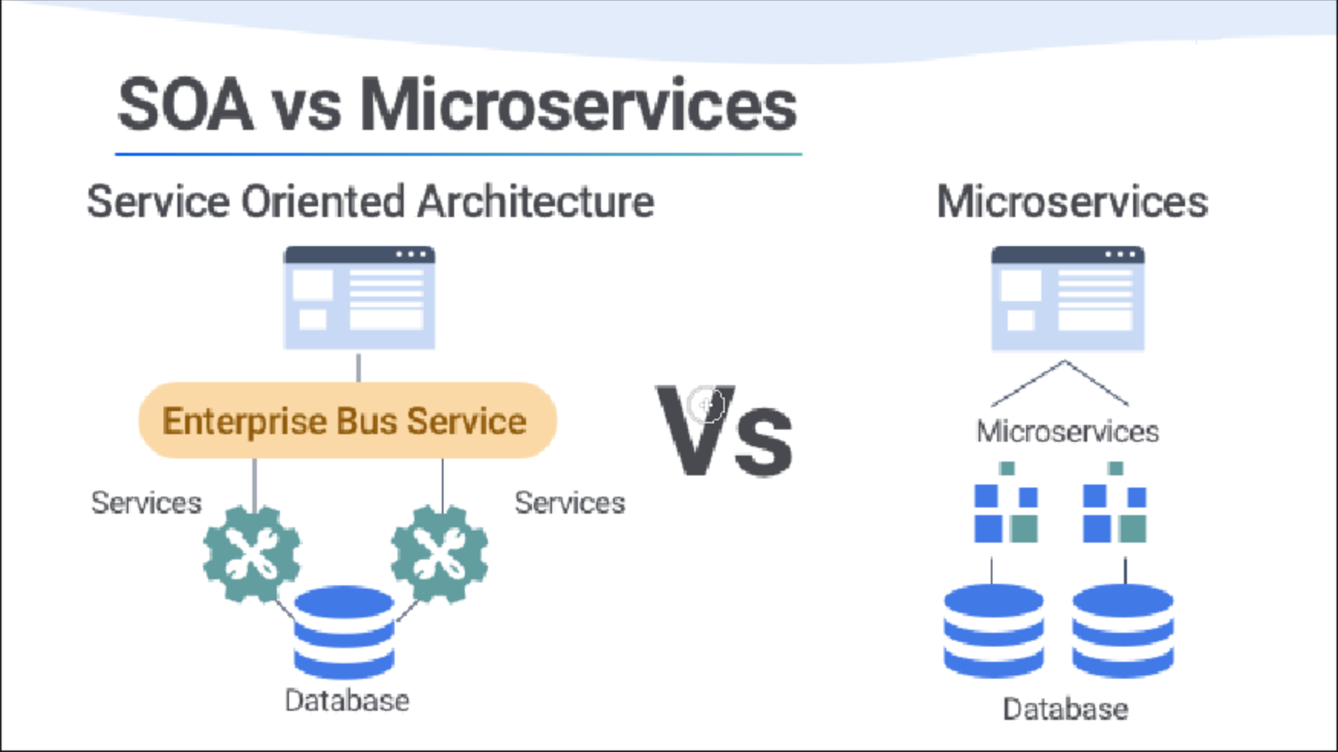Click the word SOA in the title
pyautogui.click(x=185, y=105)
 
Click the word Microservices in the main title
pyautogui.click(x=578, y=105)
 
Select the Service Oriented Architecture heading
pyautogui.click(x=370, y=202)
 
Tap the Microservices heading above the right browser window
pyautogui.click(x=1072, y=202)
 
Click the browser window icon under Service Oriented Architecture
pyautogui.click(x=359, y=298)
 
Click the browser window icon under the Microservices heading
pyautogui.click(x=1067, y=298)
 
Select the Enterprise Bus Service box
pyautogui.click(x=347, y=420)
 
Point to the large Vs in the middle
pyautogui.click(x=723, y=433)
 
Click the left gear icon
pyautogui.click(x=252, y=553)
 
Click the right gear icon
pyautogui.click(x=439, y=553)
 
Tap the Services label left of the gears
pyautogui.click(x=146, y=503)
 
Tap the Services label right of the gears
pyautogui.click(x=570, y=503)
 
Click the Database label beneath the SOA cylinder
pyautogui.click(x=346, y=700)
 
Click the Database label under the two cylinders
pyautogui.click(x=1065, y=709)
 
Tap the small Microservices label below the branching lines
pyautogui.click(x=1067, y=432)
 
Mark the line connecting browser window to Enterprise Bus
pyautogui.click(x=359, y=367)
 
